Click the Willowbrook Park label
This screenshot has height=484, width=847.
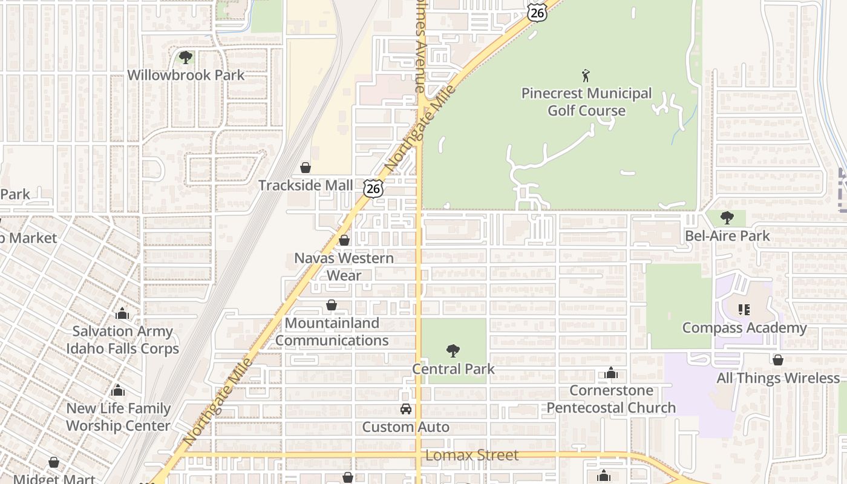[x=186, y=75]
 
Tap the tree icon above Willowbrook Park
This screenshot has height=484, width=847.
[x=186, y=58]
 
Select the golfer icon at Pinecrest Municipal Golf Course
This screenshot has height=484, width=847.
[x=586, y=76]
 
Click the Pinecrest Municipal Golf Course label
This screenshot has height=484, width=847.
[x=586, y=102]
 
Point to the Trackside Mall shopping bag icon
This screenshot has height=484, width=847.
[x=306, y=168]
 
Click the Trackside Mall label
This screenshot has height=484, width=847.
[x=306, y=185]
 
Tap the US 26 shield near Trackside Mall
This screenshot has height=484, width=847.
[x=373, y=188]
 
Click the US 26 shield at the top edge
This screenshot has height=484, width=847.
[x=537, y=11]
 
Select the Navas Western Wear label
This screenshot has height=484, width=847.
[x=344, y=267]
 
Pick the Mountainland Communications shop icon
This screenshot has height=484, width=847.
[x=332, y=305]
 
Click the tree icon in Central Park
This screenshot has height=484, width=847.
[x=453, y=351]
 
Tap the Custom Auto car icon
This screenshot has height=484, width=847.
[x=405, y=410]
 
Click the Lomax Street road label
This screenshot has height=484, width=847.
[x=472, y=455]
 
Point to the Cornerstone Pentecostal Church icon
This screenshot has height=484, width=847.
[x=611, y=373]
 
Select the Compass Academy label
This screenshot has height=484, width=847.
[x=744, y=328]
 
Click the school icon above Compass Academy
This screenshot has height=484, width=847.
[x=744, y=310]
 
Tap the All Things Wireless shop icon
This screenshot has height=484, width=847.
[x=778, y=360]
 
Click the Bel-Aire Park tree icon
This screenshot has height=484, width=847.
[x=727, y=218]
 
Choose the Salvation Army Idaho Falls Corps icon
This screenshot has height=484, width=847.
[x=122, y=313]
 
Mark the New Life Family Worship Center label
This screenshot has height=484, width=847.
[x=118, y=417]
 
